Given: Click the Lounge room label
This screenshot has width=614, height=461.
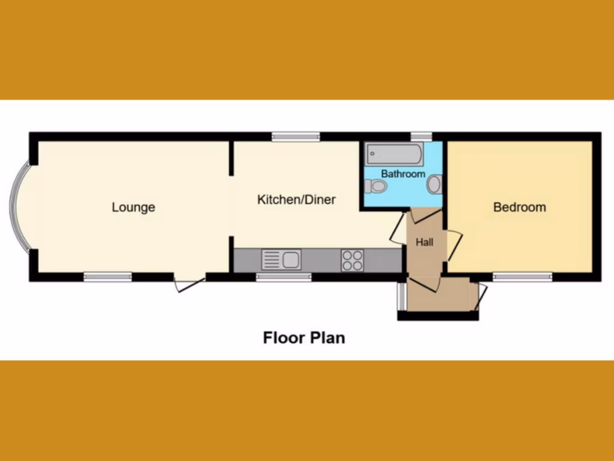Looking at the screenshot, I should coord(133,207).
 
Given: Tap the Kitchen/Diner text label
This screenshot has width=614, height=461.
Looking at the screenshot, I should coord(296,199).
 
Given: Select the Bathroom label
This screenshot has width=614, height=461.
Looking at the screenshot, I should coord(403,174).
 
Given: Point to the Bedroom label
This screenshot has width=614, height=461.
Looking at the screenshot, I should coord(519,207).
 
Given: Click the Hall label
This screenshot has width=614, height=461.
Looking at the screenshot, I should coord(425,243).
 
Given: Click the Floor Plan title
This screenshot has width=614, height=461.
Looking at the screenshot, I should coord(304,337).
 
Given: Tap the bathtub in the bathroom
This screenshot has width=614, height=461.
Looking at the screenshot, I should coord(395,154).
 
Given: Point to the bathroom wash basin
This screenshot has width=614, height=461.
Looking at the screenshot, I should coord(435,184).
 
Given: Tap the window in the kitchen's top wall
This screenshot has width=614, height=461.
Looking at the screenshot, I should coord(295,137).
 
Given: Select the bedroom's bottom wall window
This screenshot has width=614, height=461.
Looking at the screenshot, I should coord(522,277).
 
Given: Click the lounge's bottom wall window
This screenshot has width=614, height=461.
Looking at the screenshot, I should coord(107,277).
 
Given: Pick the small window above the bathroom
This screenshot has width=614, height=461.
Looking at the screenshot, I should coord(422,136).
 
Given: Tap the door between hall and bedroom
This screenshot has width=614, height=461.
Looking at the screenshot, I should coord(454,245).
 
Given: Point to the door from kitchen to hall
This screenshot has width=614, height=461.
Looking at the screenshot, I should coord(398,228).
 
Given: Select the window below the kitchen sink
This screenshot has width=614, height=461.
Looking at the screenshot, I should coord(284,277).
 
